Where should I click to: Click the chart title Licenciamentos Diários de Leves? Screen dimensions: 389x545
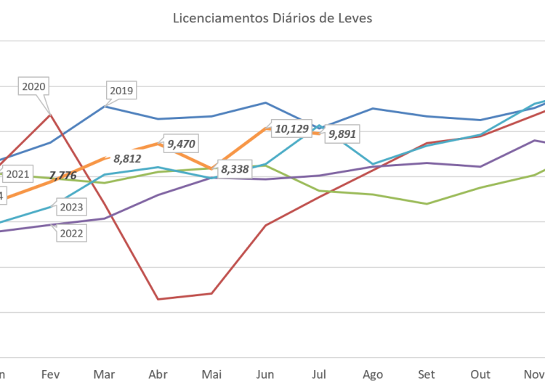coord(272,18)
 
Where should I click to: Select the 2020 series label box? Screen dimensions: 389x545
coord(34,86)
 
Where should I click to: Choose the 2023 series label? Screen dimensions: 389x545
coord(71,208)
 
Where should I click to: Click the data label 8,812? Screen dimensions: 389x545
coord(126,157)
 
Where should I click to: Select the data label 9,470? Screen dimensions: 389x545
coord(181,144)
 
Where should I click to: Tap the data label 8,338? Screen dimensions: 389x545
coord(235,170)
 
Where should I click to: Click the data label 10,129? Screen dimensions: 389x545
coord(291,129)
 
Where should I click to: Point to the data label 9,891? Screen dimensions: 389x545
coord(342,134)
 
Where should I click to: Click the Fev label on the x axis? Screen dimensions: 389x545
coord(50,374)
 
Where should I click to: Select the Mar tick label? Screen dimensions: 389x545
coord(105,374)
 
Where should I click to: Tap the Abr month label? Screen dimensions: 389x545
coord(158,374)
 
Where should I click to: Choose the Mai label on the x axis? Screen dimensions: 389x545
coord(211,374)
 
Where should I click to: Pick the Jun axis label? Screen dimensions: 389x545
coord(265,374)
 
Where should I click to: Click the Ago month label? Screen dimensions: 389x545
coord(373,374)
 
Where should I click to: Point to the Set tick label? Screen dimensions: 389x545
coord(427,374)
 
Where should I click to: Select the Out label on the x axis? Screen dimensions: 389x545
coord(480,374)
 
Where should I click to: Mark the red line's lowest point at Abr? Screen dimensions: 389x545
coord(158,298)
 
